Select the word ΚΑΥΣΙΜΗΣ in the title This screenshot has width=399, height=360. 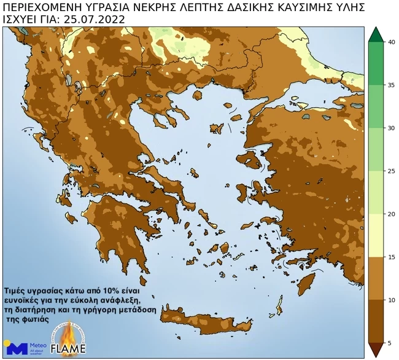coord(298,7)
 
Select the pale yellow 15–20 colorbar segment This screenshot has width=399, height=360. coord(375,235)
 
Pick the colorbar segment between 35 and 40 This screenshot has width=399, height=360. coord(375,64)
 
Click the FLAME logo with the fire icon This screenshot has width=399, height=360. coord(68,342)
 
